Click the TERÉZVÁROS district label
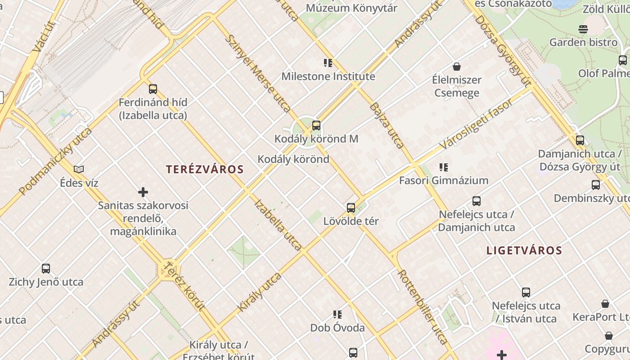(x=205, y=170)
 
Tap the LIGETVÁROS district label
(x=524, y=251)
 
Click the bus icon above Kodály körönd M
(x=316, y=126)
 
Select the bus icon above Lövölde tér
(x=351, y=208)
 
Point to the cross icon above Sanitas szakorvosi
(x=143, y=193)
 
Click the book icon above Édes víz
(x=79, y=170)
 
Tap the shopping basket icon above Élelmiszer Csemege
(x=457, y=67)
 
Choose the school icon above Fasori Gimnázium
(x=444, y=167)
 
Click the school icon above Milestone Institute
(x=328, y=63)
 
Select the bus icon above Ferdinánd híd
(x=153, y=89)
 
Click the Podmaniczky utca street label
(x=56, y=161)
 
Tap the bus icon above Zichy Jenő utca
(x=46, y=269)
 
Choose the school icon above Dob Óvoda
(x=337, y=315)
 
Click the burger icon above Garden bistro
(x=583, y=29)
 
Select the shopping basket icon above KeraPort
(x=605, y=304)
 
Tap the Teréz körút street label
(x=184, y=286)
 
